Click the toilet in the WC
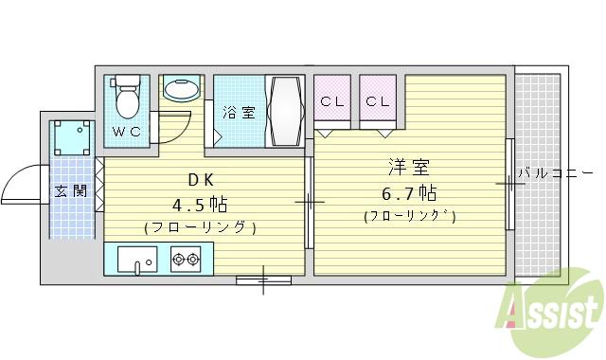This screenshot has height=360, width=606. [x=126, y=95]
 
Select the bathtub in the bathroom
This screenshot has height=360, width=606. [x=285, y=111]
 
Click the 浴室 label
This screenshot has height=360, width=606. [x=239, y=113]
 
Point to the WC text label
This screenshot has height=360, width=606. [x=127, y=132]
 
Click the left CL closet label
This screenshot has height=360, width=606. [x=331, y=101]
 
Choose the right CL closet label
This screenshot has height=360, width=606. [x=378, y=101]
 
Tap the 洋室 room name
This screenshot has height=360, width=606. [x=409, y=169]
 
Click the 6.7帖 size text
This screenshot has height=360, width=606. [x=409, y=194]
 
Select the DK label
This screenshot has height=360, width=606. [x=200, y=180]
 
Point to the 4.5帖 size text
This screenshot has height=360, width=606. [x=200, y=205]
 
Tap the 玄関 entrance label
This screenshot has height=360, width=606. [x=70, y=190]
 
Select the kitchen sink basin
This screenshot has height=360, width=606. [x=138, y=259]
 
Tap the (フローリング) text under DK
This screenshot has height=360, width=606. [x=200, y=227]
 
